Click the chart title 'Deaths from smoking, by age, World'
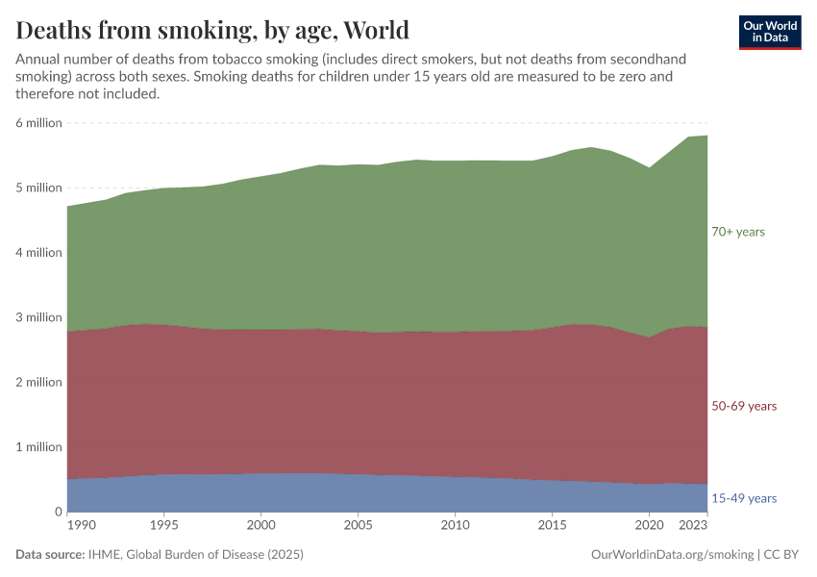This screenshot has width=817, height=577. tap(212, 30)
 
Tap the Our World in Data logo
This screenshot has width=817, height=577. tap(769, 32)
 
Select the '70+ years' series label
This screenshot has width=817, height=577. tap(737, 232)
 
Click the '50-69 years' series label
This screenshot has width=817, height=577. tap(743, 406)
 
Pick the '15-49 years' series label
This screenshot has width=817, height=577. tap(743, 498)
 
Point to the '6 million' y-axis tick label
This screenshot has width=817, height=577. tap(38, 123)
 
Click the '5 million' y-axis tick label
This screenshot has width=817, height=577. tap(38, 188)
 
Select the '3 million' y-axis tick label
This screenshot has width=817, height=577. tap(38, 317)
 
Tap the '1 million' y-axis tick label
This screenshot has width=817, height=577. tap(38, 447)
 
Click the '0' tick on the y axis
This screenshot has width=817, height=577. tap(59, 512)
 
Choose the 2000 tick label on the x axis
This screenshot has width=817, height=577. tap(260, 526)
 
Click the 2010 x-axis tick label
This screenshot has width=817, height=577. tap(455, 526)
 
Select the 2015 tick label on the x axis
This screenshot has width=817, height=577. tap(552, 526)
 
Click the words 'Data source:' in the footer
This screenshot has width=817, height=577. tap(49, 555)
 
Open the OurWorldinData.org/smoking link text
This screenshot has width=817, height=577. tap(672, 555)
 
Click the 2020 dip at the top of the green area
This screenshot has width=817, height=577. tap(650, 168)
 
